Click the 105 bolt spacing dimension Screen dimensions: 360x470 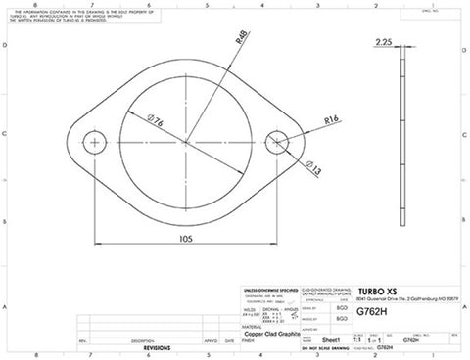tap(186, 238)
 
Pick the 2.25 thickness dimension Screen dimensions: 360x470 tap(383, 43)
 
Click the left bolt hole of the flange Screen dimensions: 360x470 tap(95, 143)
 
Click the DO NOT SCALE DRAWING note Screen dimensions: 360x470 tap(326, 347)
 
